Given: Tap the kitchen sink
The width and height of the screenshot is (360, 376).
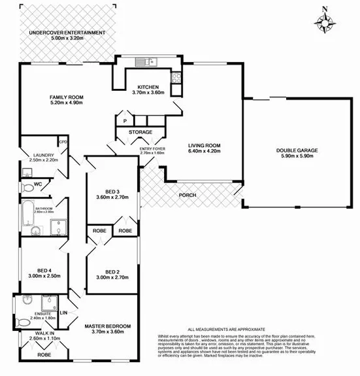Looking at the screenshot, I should [x=144, y=62].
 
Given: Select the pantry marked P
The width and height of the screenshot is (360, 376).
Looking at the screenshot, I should [x=124, y=120].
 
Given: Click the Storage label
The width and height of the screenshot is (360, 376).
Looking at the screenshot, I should [x=140, y=132].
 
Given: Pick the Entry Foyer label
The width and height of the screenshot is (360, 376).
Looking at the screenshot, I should [x=152, y=149].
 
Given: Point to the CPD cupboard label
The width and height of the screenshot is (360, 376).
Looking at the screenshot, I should [x=63, y=142].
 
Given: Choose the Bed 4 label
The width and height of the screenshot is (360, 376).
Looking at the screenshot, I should [x=44, y=270].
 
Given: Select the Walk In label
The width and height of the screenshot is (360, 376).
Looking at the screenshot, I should [x=43, y=333].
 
